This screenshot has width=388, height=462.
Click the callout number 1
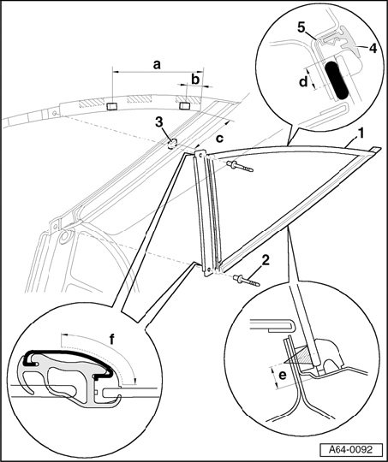click(x=360, y=133)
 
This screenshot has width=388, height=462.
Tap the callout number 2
click(x=266, y=260)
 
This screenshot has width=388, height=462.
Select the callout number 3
click(x=159, y=122)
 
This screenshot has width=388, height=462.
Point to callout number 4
click(x=373, y=48)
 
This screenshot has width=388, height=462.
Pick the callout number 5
click(x=301, y=27)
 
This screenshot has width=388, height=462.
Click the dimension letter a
click(x=157, y=64)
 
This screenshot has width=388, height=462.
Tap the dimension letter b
click(x=195, y=79)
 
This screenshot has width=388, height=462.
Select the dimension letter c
click(x=219, y=139)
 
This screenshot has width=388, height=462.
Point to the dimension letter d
click(x=303, y=81)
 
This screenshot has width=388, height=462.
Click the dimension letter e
click(x=283, y=376)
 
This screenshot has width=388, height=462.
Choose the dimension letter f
click(x=112, y=340)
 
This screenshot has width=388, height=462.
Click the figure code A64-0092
click(x=351, y=450)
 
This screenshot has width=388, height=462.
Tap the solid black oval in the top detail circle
click(x=336, y=80)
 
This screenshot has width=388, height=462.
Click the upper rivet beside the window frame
click(x=240, y=166)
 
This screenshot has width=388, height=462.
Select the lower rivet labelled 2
click(x=247, y=281)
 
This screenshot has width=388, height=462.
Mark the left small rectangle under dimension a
click(x=112, y=106)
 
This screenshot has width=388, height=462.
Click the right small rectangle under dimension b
click(x=185, y=105)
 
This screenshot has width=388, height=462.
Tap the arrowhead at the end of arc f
click(x=134, y=382)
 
